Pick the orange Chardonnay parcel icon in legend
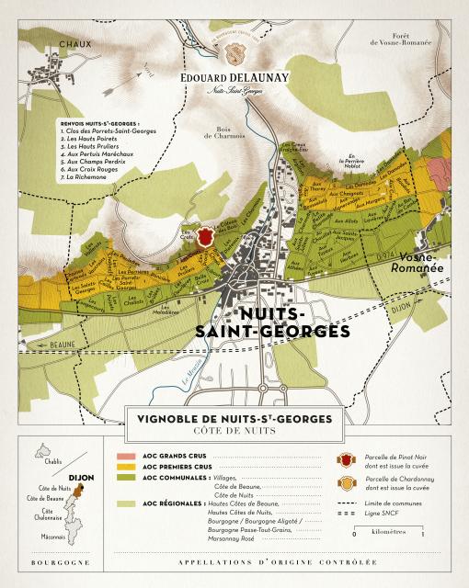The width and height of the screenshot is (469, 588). point(344,484)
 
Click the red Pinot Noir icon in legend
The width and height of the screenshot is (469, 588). point(344,458)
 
